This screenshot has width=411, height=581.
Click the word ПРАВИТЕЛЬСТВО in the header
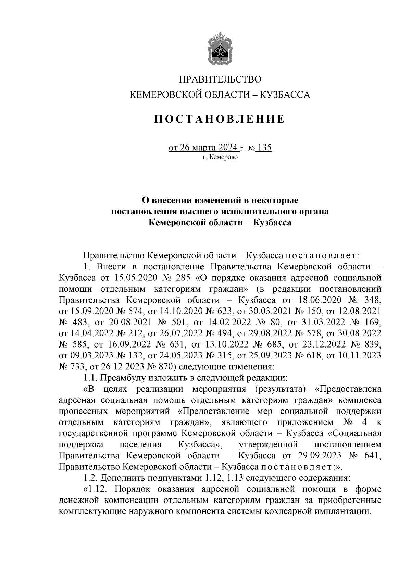coord(220,79)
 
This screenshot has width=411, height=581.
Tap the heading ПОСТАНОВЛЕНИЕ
coord(219,119)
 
